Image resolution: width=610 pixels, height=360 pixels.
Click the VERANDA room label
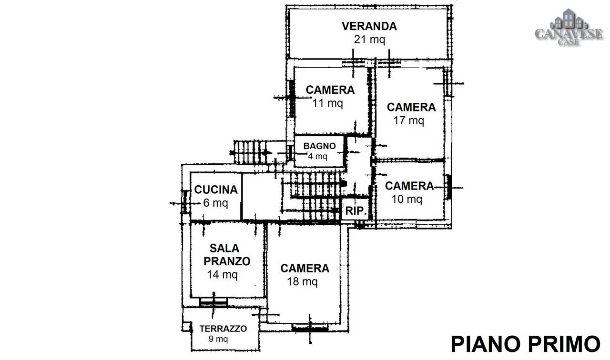tap(369, 26)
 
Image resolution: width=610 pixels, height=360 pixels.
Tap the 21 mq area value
tap(369, 40)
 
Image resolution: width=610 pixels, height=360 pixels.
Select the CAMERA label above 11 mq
tap(330, 90)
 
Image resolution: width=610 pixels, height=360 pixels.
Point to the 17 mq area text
tap(409, 120)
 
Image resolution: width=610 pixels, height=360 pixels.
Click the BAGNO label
tap(319, 146)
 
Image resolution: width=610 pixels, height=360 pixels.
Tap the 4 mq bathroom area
tap(317, 157)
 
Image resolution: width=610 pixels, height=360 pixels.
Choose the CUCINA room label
tap(216, 190)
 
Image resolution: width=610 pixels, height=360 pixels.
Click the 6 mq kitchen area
tap(215, 203)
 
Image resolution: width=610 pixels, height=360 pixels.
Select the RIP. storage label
tap(356, 211)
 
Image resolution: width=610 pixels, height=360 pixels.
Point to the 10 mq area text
tap(407, 199)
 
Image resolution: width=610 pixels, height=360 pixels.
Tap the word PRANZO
tap(227, 261)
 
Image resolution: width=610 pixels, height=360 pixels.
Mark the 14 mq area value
tap(222, 275)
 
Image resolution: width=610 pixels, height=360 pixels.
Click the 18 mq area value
tap(302, 281)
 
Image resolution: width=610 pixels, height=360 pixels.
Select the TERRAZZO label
tap(223, 329)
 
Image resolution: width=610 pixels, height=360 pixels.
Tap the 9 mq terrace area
tap(218, 339)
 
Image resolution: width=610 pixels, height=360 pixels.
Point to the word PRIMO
tap(565, 344)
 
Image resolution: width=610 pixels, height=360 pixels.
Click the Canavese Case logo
tap(569, 27)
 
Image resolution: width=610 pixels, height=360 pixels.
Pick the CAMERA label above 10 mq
tap(409, 186)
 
